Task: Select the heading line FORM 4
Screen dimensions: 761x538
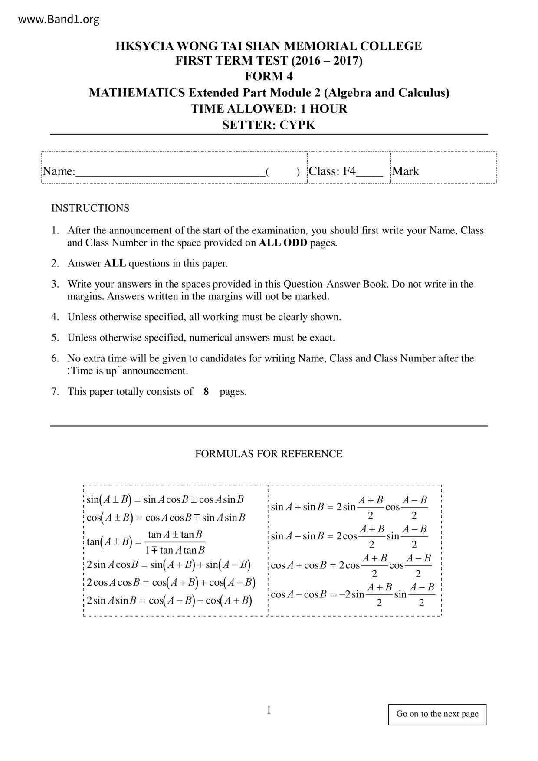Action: pyautogui.click(x=269, y=76)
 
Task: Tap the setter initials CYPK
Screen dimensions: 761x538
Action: pyautogui.click(x=297, y=125)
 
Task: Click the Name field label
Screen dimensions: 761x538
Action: pyautogui.click(x=59, y=171)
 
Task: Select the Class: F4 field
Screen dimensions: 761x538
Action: pyautogui.click(x=332, y=171)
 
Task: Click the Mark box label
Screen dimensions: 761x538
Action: pyautogui.click(x=406, y=171)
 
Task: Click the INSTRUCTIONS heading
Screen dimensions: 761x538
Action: pyautogui.click(x=90, y=208)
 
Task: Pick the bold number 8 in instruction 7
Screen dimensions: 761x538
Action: pyautogui.click(x=206, y=392)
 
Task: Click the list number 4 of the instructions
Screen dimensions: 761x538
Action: pyautogui.click(x=55, y=317)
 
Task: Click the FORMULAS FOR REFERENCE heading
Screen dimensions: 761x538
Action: pyautogui.click(x=269, y=454)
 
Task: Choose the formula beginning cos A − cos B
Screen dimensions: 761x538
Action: pyautogui.click(x=352, y=595)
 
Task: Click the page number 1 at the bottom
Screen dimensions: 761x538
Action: pyautogui.click(x=269, y=710)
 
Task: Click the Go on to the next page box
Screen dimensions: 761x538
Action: pyautogui.click(x=437, y=714)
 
